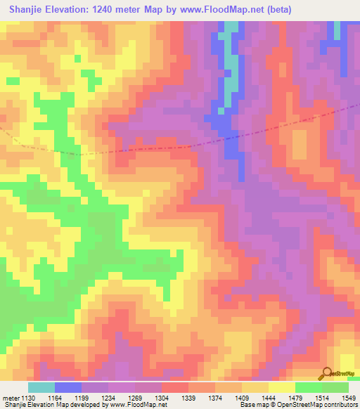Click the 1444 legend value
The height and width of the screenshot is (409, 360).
pyautogui.click(x=274, y=398)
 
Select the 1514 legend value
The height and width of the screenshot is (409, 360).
pyautogui.click(x=326, y=398)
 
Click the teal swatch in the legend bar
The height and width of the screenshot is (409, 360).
pyautogui.click(x=41, y=387)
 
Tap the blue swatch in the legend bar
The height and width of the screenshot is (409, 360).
pyautogui.click(x=68, y=387)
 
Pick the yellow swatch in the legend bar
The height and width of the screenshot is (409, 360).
pyautogui.click(x=281, y=387)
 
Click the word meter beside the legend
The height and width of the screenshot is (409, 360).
pyautogui.click(x=11, y=398)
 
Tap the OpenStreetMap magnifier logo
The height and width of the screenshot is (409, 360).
pyautogui.click(x=327, y=374)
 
